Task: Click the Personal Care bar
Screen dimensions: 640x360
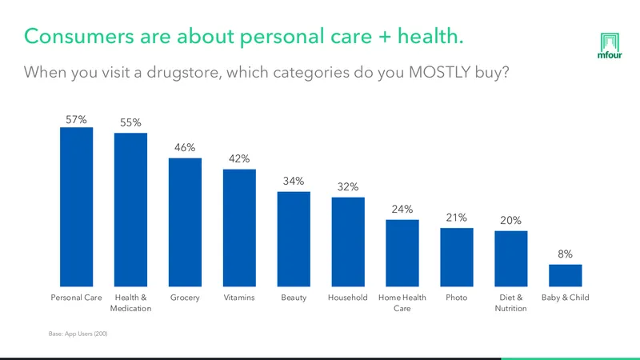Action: (x=76, y=207)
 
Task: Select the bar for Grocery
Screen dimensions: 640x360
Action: (x=185, y=222)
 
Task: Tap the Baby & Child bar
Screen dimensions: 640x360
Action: (x=566, y=275)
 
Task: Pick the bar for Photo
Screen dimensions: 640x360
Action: (x=457, y=257)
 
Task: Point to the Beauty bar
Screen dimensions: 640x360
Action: (x=294, y=239)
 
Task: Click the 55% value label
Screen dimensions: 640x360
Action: (x=130, y=122)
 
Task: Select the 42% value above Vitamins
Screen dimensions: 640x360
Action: (x=239, y=158)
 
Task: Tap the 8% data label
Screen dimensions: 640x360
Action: (x=566, y=254)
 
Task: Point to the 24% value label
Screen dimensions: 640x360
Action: (x=402, y=209)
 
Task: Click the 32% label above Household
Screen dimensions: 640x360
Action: (x=348, y=186)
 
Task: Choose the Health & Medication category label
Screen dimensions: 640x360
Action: (x=130, y=303)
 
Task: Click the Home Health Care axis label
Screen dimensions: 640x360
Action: (x=402, y=303)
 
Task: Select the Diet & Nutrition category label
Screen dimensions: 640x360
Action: (x=510, y=303)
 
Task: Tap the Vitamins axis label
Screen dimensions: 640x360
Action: (x=239, y=298)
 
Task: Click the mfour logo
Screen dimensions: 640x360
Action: (x=610, y=46)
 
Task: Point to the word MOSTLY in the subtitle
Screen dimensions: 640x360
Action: (x=439, y=72)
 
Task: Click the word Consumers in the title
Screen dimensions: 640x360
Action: (x=78, y=36)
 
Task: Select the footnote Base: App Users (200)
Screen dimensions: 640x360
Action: (x=78, y=334)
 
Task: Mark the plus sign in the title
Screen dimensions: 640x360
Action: (x=385, y=37)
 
